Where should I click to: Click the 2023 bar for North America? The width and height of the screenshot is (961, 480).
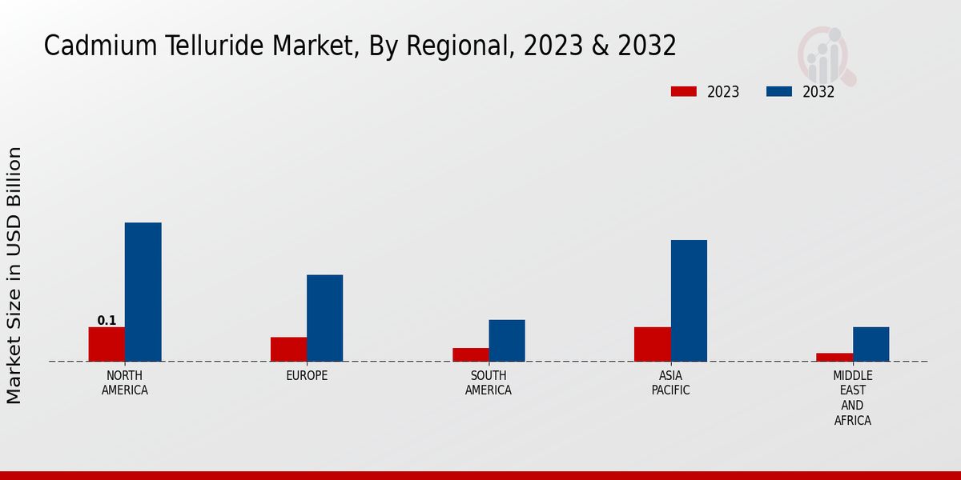(107, 344)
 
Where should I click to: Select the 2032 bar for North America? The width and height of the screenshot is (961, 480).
(143, 292)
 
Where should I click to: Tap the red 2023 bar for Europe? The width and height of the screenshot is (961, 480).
(288, 349)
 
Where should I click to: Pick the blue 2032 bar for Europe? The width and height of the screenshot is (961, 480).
(324, 318)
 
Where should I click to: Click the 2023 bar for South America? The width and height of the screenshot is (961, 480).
(470, 354)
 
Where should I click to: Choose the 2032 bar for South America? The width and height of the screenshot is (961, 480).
(507, 340)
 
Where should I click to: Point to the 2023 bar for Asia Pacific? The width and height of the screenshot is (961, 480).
(652, 344)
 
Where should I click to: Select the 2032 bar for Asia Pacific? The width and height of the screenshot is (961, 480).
(689, 300)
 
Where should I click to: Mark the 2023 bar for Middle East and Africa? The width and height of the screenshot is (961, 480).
(834, 357)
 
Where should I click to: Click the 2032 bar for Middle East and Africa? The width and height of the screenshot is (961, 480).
(871, 344)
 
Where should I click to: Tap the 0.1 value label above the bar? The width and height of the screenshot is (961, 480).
(107, 321)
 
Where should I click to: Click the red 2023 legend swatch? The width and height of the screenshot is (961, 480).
(684, 91)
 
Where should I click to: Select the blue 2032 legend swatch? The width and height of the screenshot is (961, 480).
(778, 91)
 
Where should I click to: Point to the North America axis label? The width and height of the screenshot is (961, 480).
(125, 383)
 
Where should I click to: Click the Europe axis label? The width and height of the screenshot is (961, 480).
(307, 375)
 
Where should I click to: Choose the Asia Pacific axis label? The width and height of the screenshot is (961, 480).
(670, 383)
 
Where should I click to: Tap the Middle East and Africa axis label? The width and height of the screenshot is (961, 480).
(852, 398)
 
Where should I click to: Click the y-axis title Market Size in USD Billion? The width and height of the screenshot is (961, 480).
(14, 275)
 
